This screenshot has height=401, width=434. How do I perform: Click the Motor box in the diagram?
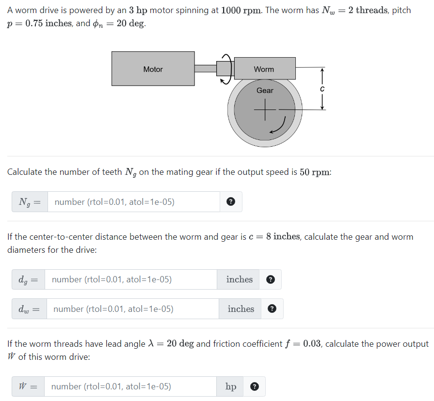click(153, 69)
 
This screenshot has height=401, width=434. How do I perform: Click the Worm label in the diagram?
click(264, 69)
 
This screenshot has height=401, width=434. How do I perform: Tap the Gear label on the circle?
click(265, 91)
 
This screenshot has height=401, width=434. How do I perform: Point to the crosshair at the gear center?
click(265, 109)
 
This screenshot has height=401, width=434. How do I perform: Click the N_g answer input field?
click(134, 202)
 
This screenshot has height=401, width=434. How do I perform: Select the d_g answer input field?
click(131, 279)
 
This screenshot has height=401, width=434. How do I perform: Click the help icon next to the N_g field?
click(231, 202)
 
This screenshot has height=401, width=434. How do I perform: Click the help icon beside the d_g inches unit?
click(271, 279)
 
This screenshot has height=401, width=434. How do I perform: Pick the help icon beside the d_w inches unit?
click(272, 309)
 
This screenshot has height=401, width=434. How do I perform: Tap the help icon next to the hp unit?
click(254, 386)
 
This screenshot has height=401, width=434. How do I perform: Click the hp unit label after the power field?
click(231, 386)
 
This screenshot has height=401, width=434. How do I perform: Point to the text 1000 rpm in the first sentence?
click(240, 10)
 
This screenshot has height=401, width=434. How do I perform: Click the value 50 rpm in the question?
click(315, 172)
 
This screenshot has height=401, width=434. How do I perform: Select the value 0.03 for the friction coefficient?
click(313, 344)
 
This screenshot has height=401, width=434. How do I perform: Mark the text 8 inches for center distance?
click(283, 237)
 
